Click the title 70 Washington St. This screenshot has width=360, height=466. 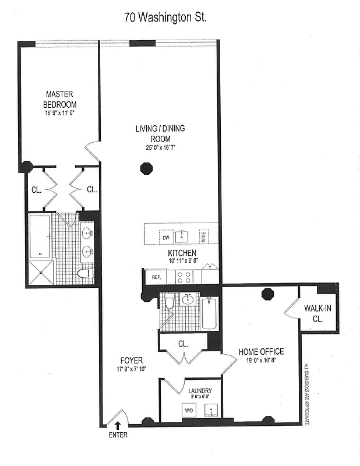(x=165, y=17)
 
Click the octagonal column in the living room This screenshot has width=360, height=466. (x=146, y=170)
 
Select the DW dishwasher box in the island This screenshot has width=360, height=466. (x=165, y=237)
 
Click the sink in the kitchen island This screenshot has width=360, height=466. (x=183, y=235)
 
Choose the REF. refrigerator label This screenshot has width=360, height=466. (x=156, y=278)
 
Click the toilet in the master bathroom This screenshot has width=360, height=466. (x=84, y=273)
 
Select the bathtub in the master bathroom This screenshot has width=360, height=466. (x=40, y=236)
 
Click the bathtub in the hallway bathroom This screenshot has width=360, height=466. (x=210, y=314)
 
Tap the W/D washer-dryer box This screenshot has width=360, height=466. (x=189, y=410)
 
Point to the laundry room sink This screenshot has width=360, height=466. (x=210, y=411)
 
